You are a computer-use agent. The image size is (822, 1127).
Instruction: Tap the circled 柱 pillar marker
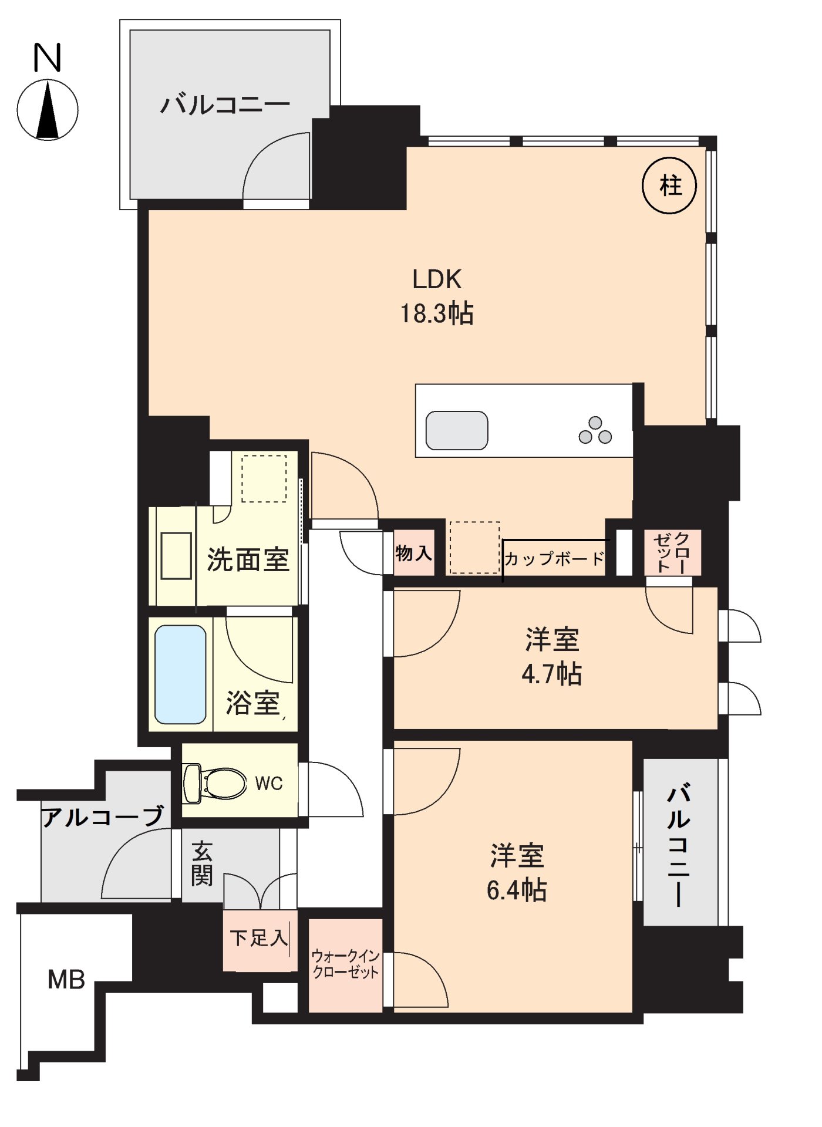[x=669, y=185]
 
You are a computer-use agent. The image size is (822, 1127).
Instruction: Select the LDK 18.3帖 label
[x=437, y=296]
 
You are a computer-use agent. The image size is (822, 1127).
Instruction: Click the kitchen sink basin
[x=457, y=430]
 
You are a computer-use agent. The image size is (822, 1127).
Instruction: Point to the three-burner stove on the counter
[x=595, y=431]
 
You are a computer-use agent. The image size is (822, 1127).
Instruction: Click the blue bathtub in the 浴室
[x=180, y=674]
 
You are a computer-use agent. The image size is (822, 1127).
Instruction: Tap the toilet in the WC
[x=215, y=783]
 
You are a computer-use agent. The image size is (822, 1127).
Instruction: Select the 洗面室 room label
[x=248, y=559]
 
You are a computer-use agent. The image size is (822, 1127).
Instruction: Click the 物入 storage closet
[x=413, y=553]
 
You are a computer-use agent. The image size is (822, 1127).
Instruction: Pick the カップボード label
[x=554, y=559]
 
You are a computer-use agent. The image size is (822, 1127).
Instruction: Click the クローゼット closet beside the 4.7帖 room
[x=672, y=552]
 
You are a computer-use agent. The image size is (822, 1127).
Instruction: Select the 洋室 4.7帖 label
[x=552, y=656]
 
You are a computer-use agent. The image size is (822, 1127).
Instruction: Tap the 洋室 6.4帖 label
[x=517, y=873]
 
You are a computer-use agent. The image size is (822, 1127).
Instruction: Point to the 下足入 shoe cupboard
[x=259, y=938]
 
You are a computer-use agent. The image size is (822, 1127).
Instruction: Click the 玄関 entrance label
[x=201, y=863]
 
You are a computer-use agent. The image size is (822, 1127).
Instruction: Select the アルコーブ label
[x=102, y=816]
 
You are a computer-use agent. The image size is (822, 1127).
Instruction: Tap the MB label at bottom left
[x=66, y=980]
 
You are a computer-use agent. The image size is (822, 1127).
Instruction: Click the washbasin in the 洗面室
[x=176, y=555]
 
